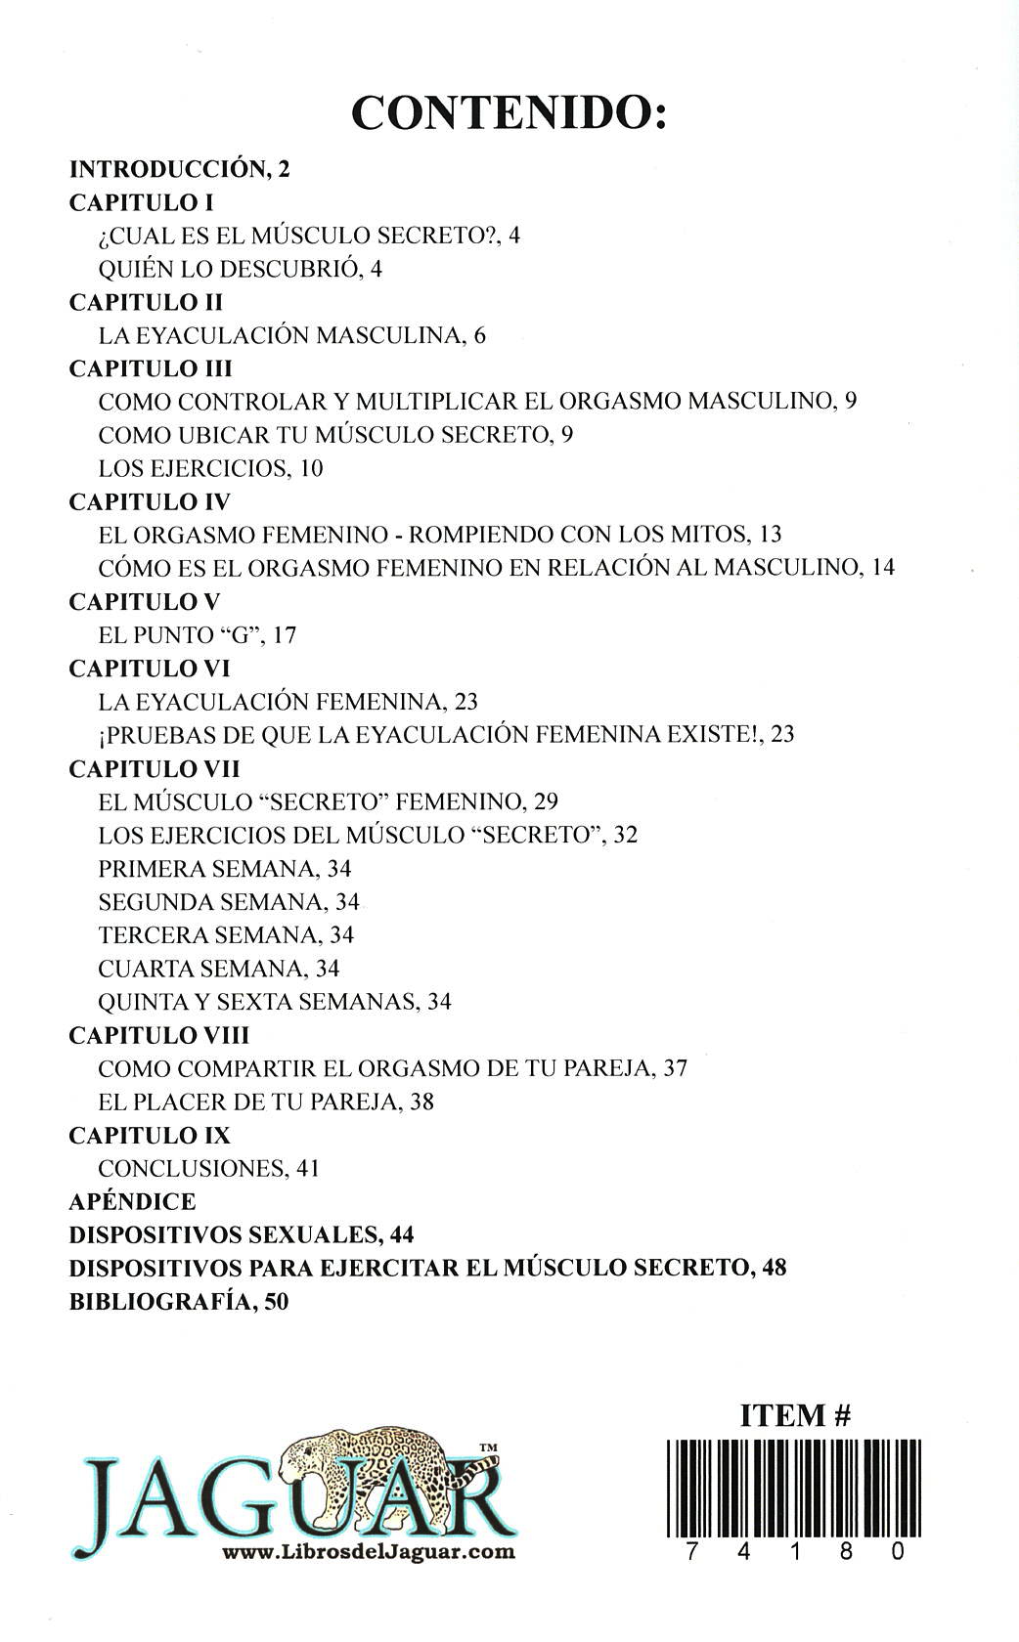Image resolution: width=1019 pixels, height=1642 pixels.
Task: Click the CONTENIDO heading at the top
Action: [x=509, y=113]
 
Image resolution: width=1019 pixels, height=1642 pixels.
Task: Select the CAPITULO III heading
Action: [x=151, y=368]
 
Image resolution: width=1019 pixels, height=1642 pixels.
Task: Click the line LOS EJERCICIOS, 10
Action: [x=210, y=468]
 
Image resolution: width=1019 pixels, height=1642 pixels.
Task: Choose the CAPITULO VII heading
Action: [x=155, y=768]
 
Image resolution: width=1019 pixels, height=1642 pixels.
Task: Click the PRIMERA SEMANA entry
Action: [x=224, y=868]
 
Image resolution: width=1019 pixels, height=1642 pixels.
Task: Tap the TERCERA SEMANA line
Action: [x=226, y=935]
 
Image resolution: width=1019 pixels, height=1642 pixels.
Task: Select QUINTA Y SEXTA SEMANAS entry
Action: [x=275, y=1002]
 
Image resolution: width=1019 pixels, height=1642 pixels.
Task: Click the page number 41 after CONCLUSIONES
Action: [x=309, y=1168]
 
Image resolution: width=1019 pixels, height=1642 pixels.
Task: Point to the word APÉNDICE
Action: [x=133, y=1201]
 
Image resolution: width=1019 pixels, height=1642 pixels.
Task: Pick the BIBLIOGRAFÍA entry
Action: [x=179, y=1301]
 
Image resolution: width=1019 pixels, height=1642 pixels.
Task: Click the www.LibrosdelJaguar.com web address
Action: [x=369, y=1551]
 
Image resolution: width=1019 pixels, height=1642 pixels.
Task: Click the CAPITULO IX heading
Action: [x=150, y=1135]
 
